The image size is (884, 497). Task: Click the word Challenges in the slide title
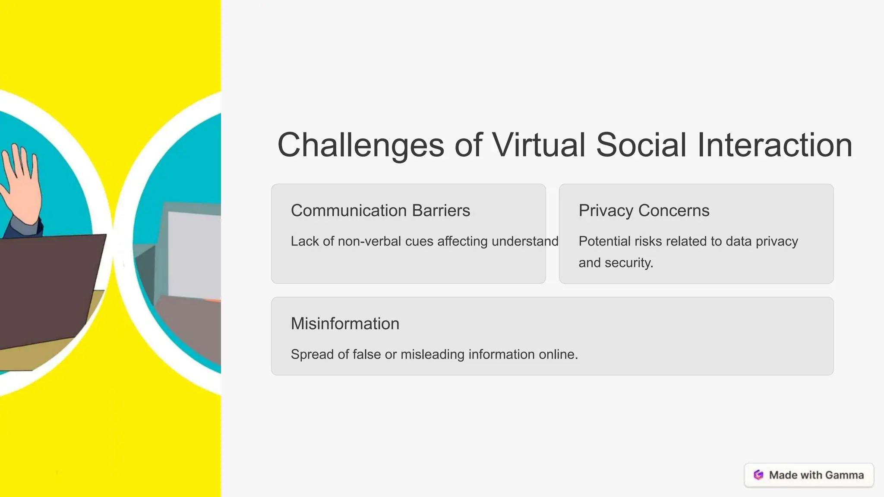pyautogui.click(x=360, y=145)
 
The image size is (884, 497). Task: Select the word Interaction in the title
pyautogui.click(x=775, y=145)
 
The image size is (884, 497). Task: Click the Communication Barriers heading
pyautogui.click(x=380, y=211)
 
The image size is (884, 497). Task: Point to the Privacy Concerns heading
pyautogui.click(x=644, y=211)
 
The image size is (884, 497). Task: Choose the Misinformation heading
pyautogui.click(x=345, y=324)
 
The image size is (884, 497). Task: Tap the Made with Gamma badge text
pyautogui.click(x=816, y=475)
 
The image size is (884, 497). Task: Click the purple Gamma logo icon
pyautogui.click(x=758, y=475)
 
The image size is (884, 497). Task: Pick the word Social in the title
pyautogui.click(x=641, y=145)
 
